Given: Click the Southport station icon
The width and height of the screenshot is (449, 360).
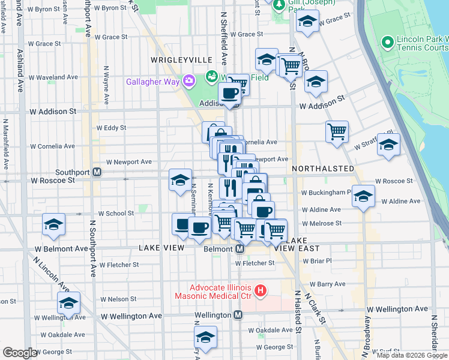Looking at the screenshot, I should click(97, 172).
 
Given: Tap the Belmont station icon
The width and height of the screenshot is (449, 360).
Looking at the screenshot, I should click(239, 249).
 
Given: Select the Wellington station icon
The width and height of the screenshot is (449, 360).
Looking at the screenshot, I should click(238, 315).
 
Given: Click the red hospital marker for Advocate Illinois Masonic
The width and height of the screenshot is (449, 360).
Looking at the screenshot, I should click(261, 292).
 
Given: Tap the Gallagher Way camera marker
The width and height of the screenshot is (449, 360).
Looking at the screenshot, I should click(190, 80).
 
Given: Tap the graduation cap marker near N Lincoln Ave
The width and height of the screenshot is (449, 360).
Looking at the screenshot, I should click(69, 303).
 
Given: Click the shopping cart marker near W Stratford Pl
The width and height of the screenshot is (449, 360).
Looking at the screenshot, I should click(337, 131).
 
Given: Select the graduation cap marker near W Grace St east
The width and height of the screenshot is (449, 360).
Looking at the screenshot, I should click(308, 23).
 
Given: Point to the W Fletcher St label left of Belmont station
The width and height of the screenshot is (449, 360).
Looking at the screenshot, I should click(120, 264).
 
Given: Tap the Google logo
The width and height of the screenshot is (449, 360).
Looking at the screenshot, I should click(20, 353).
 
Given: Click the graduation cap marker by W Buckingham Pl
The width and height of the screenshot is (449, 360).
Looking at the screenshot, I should click(364, 196).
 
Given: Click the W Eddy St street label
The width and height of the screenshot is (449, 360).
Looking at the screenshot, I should click(111, 128).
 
